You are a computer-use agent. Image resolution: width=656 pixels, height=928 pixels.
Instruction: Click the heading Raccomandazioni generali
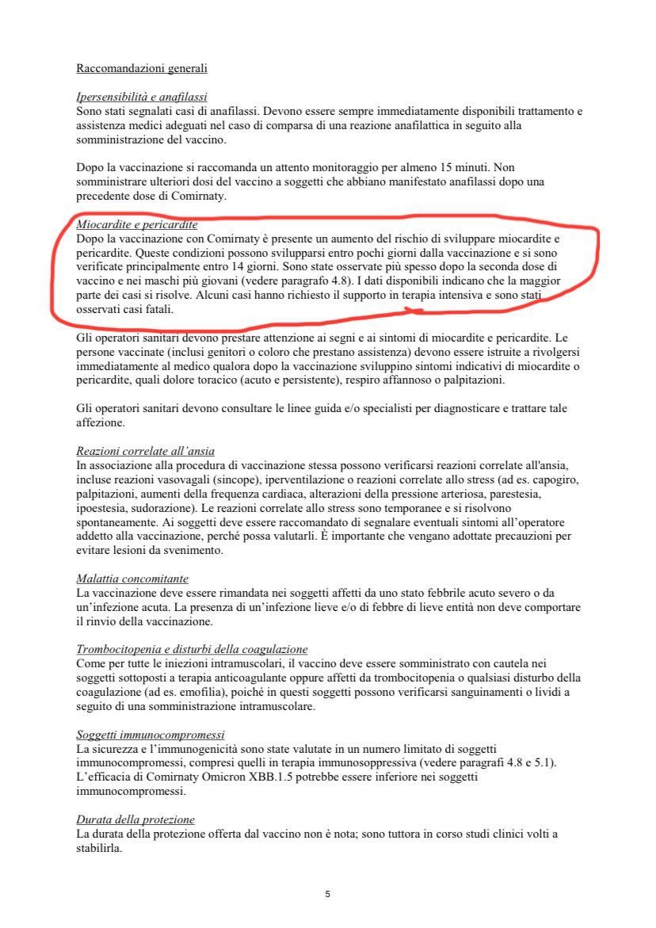[x=142, y=69]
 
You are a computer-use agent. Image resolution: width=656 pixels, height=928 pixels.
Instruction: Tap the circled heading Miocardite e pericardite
[x=137, y=225]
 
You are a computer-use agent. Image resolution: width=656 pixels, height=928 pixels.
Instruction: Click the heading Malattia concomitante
[x=132, y=579]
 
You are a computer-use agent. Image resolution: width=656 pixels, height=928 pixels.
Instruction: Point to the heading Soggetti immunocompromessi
[x=151, y=735]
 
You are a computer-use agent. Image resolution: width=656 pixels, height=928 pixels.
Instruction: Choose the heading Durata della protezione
[x=135, y=819]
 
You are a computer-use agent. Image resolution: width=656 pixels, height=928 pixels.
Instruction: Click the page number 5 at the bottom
[x=327, y=894]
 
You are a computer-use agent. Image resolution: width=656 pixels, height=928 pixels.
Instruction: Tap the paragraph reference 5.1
[x=546, y=762]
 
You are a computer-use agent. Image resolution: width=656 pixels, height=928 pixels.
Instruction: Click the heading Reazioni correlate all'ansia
[x=145, y=451]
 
